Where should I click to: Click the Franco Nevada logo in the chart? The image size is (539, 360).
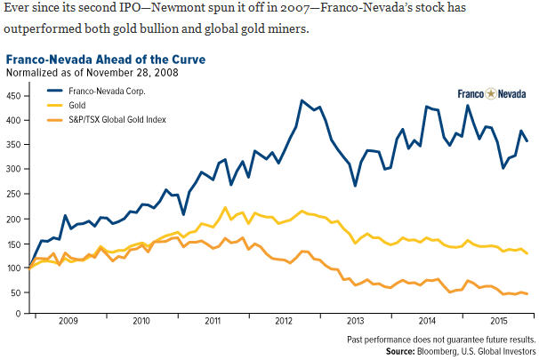tap(490, 93)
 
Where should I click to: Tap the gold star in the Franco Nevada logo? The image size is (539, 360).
tap(490, 93)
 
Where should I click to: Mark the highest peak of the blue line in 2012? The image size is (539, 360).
tap(302, 100)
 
